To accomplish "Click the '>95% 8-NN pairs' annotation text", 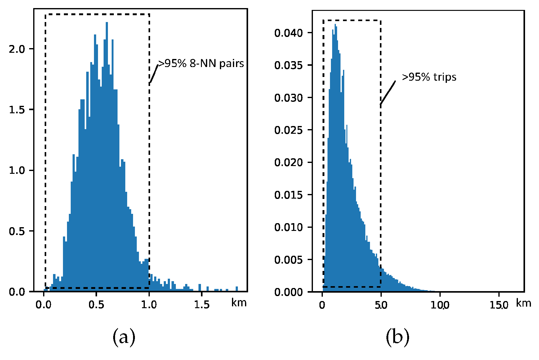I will (201, 64).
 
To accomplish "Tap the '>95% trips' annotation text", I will (429, 77).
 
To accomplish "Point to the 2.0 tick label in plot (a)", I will (17, 49).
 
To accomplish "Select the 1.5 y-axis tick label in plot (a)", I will (17, 110).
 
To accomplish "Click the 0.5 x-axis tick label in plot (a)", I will (96, 304).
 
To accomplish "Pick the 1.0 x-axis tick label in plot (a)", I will (149, 304).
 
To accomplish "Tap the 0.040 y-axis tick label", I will (288, 33).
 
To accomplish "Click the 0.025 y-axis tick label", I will (288, 130).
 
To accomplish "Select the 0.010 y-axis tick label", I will (288, 227).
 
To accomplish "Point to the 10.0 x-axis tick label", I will (440, 305).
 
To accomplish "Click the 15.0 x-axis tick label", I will (499, 305).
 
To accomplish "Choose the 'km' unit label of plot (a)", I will (239, 302).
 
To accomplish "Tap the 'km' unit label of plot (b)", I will (523, 303).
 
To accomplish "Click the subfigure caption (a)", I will (124, 337).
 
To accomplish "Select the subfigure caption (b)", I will (397, 337).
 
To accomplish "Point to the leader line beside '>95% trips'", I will (388, 93).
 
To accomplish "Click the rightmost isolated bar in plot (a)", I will (237, 289).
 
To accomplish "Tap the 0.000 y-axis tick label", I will (288, 292).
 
